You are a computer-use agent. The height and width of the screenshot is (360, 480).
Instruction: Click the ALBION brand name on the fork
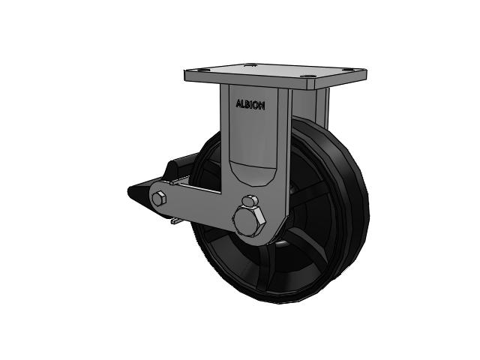click(250, 106)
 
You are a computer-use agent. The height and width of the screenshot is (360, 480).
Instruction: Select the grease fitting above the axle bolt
click(250, 201)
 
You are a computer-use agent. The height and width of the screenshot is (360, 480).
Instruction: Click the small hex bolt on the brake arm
click(159, 199)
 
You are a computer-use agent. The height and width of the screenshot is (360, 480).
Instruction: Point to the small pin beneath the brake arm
click(174, 222)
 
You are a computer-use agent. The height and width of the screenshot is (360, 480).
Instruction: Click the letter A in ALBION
click(238, 106)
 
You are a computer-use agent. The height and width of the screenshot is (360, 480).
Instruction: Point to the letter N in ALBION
click(261, 106)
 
